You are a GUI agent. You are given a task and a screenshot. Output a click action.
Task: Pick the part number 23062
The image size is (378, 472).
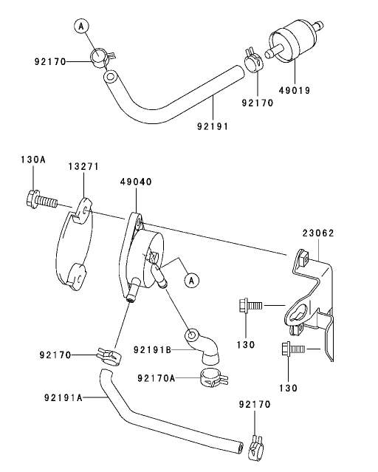click(x=318, y=232)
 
